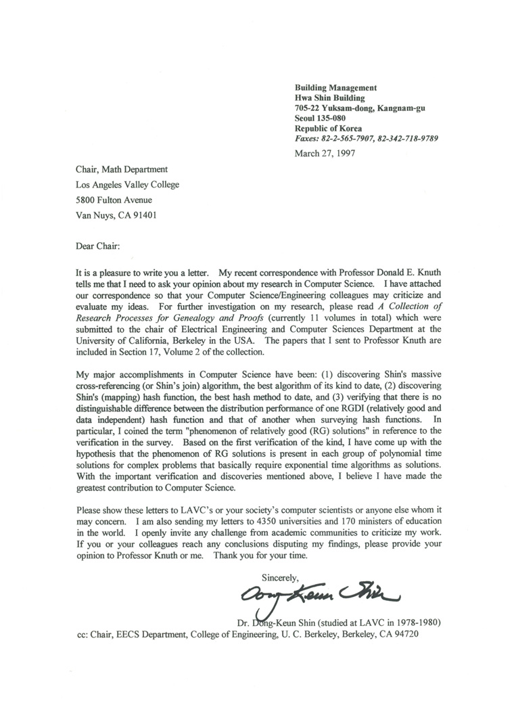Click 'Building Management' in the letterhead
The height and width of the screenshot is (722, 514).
point(335,88)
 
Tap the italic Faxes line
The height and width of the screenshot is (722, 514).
point(367,139)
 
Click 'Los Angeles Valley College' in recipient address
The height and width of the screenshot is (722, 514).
point(127,185)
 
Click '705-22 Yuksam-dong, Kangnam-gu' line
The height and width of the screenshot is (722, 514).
point(360,108)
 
